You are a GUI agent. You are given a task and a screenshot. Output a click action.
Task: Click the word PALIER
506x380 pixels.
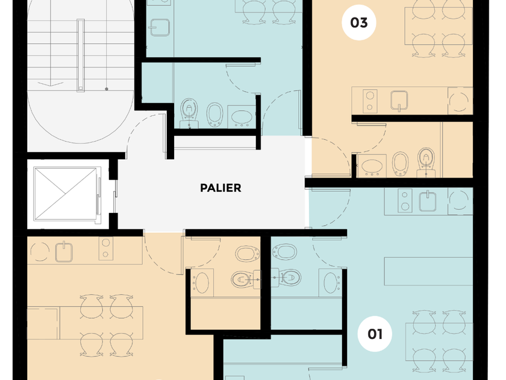220,188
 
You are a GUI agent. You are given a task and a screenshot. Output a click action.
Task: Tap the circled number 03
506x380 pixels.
359,23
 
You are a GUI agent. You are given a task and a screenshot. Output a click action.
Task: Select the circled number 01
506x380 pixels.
375,334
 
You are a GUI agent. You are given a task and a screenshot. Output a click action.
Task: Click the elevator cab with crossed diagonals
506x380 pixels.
66,194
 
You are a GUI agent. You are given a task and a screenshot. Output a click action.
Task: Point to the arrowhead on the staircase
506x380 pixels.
51,84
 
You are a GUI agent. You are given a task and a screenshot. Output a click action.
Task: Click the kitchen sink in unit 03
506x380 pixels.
399,100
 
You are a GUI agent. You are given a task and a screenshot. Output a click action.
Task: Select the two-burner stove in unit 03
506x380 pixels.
370,101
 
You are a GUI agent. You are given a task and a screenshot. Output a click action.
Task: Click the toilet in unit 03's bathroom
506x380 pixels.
426,162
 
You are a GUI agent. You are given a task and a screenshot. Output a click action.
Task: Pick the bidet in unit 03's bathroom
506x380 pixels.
401,163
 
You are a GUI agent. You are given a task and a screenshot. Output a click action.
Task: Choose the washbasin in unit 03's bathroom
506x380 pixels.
372,166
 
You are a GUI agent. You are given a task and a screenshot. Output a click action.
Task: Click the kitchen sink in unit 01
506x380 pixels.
428,201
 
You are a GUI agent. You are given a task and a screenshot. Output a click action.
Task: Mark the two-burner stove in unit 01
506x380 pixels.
405,201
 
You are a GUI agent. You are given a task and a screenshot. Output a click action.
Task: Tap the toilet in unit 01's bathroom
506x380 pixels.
286,277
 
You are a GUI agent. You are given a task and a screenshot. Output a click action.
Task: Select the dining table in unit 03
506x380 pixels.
439,26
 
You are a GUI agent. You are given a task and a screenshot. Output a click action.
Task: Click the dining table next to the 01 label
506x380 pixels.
439,341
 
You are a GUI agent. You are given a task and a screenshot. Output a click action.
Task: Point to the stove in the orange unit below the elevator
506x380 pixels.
105,249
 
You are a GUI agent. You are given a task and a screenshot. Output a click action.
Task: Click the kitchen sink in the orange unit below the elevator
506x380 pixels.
64,251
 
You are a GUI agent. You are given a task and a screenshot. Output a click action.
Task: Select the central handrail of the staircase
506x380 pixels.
81,55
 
